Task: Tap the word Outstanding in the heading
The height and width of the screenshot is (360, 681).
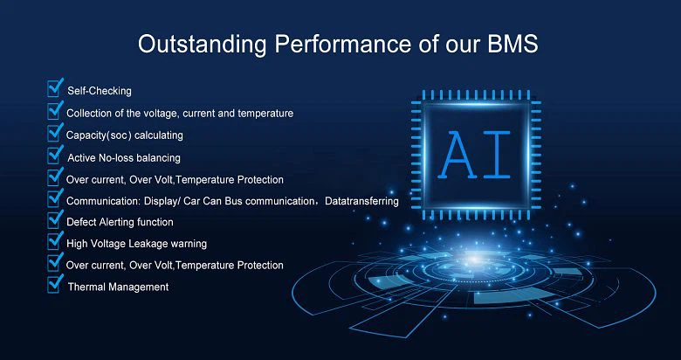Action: click(x=202, y=45)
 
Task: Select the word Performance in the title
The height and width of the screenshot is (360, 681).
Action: click(x=341, y=44)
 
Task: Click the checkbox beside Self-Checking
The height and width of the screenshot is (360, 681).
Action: click(x=54, y=89)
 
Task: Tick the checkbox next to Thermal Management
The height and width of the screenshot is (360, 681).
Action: click(x=54, y=284)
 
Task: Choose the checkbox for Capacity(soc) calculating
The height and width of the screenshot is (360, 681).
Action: click(x=54, y=133)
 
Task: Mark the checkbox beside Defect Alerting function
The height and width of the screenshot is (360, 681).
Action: click(x=54, y=219)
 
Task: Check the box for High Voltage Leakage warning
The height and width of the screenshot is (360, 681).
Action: click(x=54, y=241)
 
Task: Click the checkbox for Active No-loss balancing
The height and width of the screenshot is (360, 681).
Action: click(x=54, y=155)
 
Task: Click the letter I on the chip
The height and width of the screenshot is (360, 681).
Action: click(x=497, y=155)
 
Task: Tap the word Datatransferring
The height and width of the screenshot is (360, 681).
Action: click(x=361, y=201)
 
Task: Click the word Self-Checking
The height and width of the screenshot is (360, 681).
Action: click(x=100, y=91)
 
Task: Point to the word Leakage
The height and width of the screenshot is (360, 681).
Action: click(x=148, y=244)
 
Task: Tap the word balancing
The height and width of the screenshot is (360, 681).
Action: click(x=159, y=157)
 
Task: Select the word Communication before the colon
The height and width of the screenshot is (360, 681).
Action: click(x=99, y=201)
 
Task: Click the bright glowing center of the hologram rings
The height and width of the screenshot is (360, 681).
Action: click(x=473, y=260)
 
